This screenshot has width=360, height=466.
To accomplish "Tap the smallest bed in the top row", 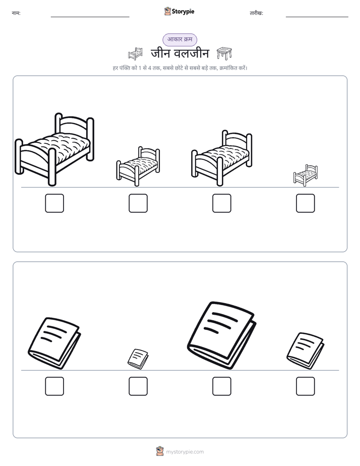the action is coord(306,176).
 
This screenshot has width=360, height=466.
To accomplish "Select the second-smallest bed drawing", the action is coord(138,166).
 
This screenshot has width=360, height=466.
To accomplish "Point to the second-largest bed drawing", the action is coord(221,158).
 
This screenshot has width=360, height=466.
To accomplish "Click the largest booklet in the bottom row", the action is coord(221,335).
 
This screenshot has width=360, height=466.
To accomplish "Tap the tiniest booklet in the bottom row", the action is coord(138,359).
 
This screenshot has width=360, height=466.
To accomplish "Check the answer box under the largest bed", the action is coord(54,203).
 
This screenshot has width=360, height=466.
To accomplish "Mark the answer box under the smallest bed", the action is coord(306,203).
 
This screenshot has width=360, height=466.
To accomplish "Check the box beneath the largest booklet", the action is coord(221,386).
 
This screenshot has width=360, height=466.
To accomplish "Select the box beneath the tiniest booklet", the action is coord(138,386).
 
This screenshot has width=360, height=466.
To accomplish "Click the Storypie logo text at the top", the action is coord(183,12).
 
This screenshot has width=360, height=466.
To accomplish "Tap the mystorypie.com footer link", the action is coord(185,452).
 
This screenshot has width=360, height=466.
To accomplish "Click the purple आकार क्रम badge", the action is coord(179,39).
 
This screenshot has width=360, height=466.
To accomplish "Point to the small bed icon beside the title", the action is coord(135,53).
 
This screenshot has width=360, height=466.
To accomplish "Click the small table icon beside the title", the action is coord(224,53).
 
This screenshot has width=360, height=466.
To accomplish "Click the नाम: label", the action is coord(16,13).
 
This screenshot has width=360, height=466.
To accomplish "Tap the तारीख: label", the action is coord(256,13).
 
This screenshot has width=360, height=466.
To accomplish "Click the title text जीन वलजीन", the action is coord(180,53).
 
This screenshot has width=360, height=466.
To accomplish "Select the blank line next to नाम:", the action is coord(90,17).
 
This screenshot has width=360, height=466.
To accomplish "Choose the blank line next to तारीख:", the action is coord(317,17).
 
